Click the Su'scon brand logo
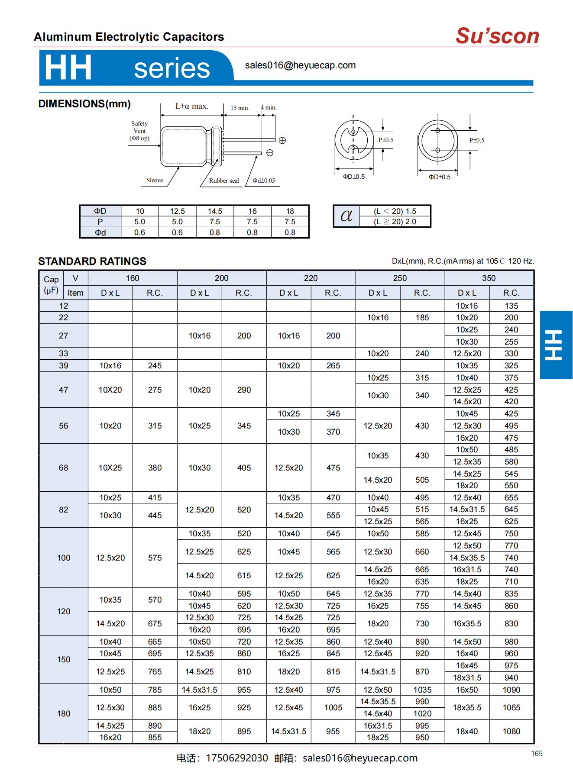point(497,36)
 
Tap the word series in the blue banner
point(172,68)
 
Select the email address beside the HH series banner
point(300,65)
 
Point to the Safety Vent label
point(139,131)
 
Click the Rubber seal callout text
point(224,181)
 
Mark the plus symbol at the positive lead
point(282,140)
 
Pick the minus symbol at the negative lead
point(270,153)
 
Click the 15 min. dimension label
point(240,108)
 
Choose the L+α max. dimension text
point(192,106)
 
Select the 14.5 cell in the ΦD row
point(215,211)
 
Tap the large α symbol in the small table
point(346,216)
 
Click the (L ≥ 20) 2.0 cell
point(395,222)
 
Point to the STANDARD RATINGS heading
point(92,261)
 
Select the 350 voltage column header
point(489,278)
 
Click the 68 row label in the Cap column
point(64,467)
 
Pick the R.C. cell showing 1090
point(511,690)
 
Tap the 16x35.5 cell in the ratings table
point(467,623)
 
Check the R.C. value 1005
point(333,707)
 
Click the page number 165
point(537,754)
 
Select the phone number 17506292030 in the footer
point(237,758)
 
